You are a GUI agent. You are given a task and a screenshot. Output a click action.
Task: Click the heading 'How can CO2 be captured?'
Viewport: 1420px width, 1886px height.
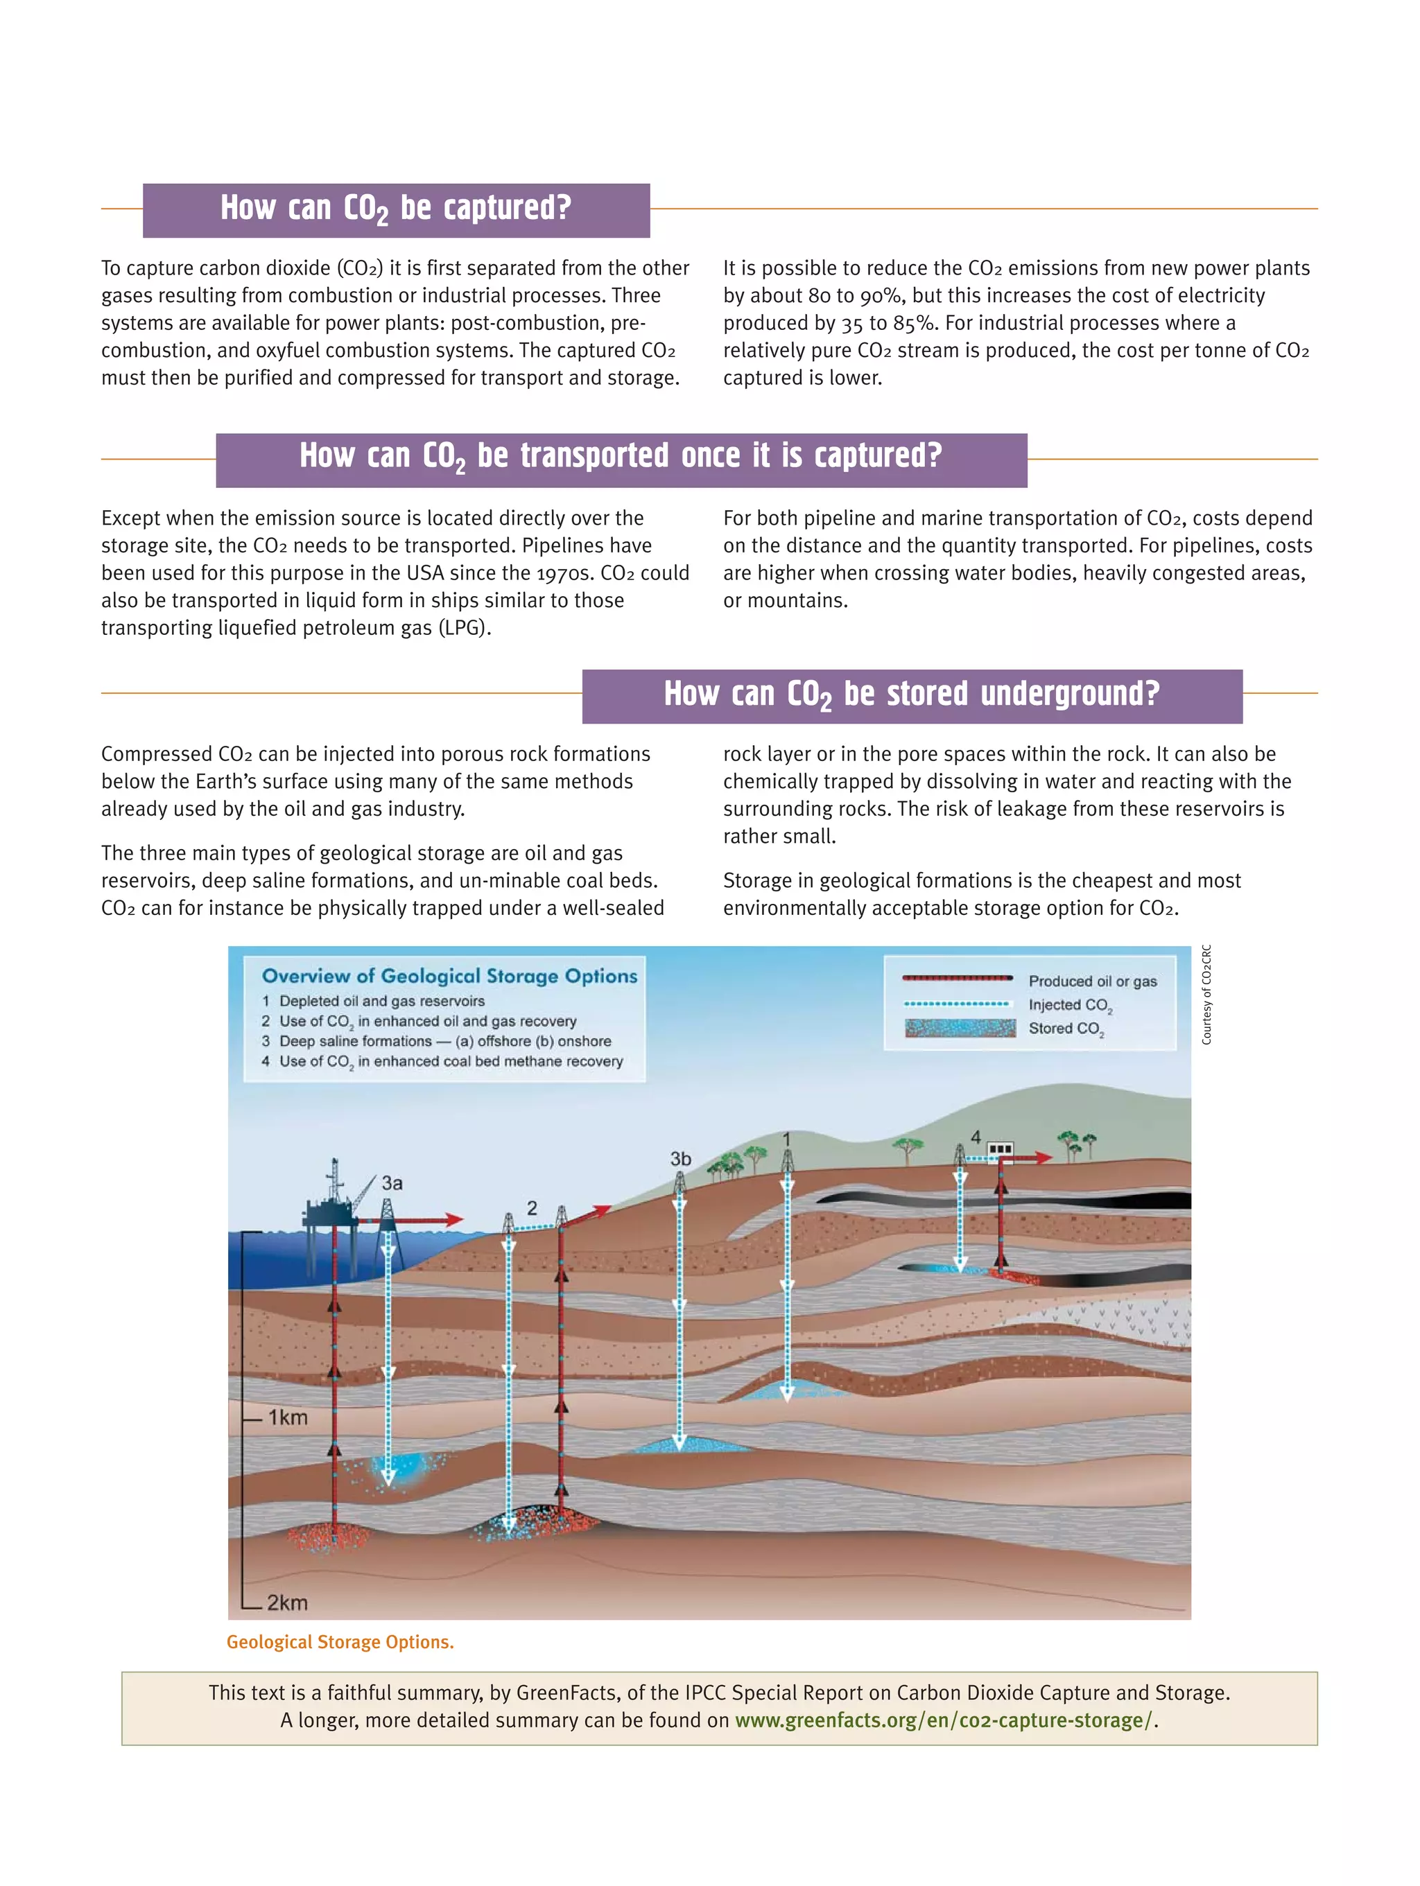(x=396, y=209)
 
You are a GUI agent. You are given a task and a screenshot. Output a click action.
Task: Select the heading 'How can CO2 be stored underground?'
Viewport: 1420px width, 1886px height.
(x=912, y=695)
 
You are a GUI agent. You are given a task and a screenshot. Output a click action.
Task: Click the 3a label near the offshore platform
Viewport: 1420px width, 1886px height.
(x=392, y=1182)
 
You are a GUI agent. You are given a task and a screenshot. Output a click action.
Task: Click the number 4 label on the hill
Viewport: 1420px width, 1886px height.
(x=975, y=1137)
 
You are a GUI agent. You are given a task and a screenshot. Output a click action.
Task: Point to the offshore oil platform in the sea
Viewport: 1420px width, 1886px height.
(x=334, y=1202)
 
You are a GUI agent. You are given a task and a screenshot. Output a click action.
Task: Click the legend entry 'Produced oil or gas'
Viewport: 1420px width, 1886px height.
(x=1091, y=981)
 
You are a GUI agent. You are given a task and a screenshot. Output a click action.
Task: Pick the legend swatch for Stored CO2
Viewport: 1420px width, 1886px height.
(x=960, y=1029)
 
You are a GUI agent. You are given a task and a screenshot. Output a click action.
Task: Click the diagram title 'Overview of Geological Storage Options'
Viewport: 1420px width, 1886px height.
(x=449, y=976)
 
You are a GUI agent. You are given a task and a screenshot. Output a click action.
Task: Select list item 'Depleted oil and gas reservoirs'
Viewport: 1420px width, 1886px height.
(x=381, y=1001)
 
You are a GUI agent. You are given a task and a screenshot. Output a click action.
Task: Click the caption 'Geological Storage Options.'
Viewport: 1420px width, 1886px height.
(x=340, y=1641)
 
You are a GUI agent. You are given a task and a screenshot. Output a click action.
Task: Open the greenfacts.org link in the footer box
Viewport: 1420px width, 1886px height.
(x=943, y=1720)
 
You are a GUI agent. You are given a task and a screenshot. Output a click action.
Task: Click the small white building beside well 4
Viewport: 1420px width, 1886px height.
(x=1000, y=1149)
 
